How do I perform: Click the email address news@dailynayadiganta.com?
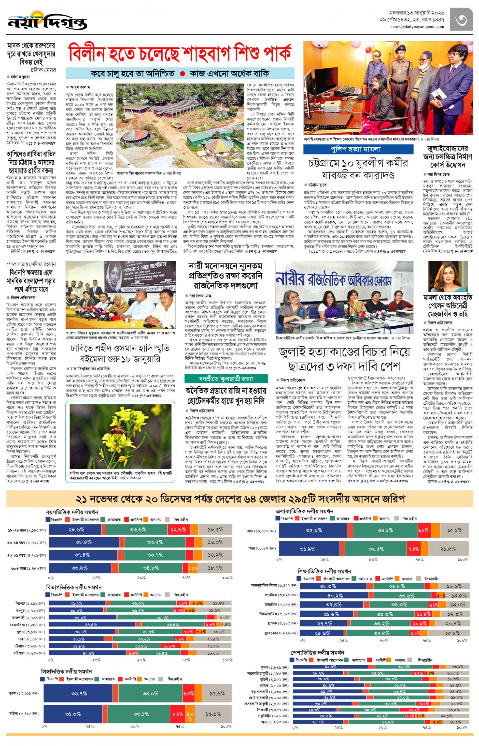pos(418,27)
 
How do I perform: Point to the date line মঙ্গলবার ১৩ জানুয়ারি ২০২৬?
pos(416,13)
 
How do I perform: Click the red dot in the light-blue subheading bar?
pos(183,74)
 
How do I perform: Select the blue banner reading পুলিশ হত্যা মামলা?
pos(358,149)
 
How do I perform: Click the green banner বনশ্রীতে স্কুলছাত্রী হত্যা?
pos(226,379)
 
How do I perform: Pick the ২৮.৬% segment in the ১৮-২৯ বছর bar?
pos(76,529)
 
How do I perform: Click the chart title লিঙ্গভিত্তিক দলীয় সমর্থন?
pos(66,671)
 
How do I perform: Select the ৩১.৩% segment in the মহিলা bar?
pos(73,714)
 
